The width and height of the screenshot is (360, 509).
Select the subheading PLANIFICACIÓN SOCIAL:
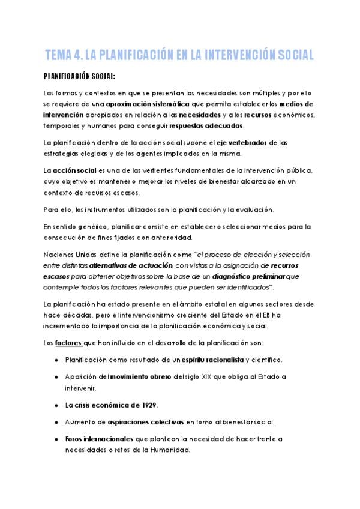(79, 77)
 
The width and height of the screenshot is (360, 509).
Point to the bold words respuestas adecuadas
(207, 126)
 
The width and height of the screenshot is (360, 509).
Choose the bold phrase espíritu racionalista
(212, 360)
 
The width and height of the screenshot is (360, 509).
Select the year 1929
(156, 405)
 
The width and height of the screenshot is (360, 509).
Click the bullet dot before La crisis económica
(56, 405)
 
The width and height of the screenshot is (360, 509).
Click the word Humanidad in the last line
(169, 450)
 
